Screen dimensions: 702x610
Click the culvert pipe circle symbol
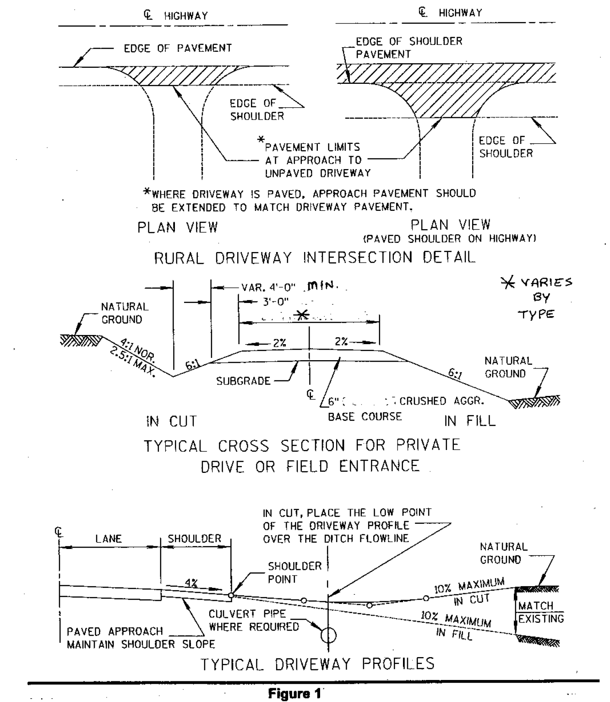328,635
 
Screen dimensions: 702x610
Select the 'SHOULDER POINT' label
288,573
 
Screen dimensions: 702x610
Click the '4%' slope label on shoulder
191,583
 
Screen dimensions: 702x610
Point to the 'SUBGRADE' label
243,381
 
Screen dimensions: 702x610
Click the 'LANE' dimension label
109,539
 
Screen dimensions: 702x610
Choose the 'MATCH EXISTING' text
540,612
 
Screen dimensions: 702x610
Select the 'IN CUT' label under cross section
171,421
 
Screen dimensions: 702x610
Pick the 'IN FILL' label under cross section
469,421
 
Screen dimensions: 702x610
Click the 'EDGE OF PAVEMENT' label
178,48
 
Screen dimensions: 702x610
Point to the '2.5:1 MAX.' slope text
133,362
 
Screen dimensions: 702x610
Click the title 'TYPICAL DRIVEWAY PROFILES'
317,663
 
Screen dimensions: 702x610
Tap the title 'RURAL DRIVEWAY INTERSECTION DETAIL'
315,258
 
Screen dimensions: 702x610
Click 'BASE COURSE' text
365,417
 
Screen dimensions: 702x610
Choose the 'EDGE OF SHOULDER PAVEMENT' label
409,48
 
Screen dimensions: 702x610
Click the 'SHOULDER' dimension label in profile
194,539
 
